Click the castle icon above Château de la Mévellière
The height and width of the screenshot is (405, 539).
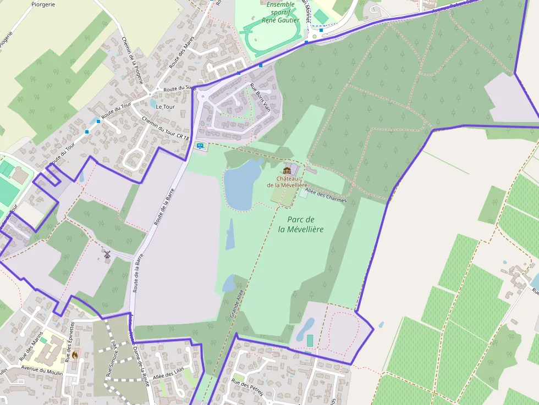(287, 170)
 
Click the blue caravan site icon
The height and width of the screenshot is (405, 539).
(200, 146)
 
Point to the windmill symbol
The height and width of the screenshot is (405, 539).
(107, 254)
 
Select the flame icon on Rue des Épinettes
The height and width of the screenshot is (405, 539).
(75, 355)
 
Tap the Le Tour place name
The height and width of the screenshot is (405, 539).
(165, 107)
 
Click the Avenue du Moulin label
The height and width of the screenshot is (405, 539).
(41, 371)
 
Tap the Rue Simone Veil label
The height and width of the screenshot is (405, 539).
(111, 358)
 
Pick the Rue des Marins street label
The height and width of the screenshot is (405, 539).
(31, 349)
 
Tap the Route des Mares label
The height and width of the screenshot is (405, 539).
(182, 56)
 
